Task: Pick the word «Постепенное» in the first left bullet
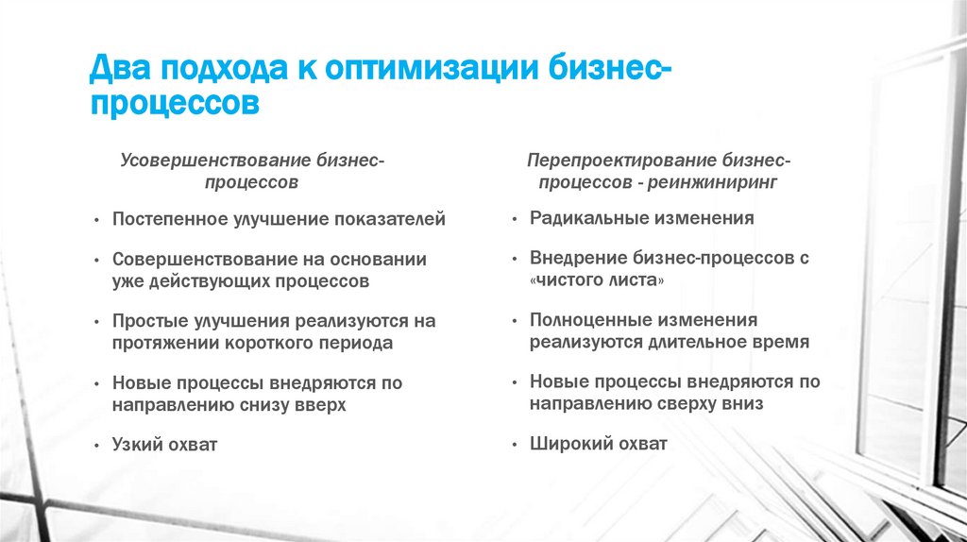(166, 219)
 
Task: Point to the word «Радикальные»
(584, 218)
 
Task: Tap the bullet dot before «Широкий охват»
(513, 444)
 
